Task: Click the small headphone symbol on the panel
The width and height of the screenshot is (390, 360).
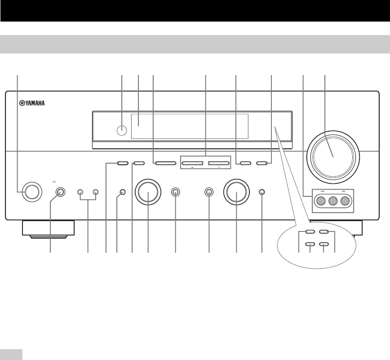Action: pos(54,182)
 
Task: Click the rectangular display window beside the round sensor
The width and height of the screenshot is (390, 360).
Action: pos(189,126)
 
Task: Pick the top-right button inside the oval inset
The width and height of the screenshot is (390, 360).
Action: pos(324,232)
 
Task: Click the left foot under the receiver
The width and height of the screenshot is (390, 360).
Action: pos(48,230)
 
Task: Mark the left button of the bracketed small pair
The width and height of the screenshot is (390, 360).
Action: pos(80,192)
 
